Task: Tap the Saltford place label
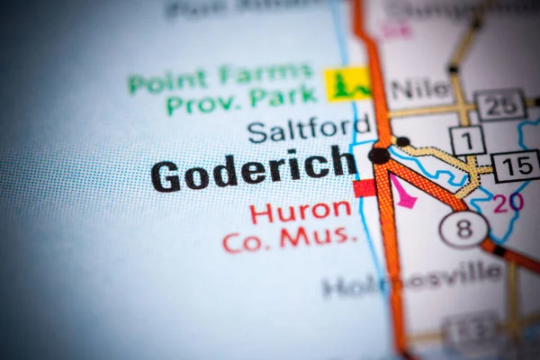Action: (x=297, y=130)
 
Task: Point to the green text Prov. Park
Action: (x=242, y=99)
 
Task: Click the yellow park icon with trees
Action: (x=347, y=84)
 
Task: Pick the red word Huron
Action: (x=301, y=212)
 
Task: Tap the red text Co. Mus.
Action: (x=290, y=238)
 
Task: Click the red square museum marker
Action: (x=364, y=188)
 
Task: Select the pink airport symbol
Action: (x=402, y=192)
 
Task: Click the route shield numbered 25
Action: (x=500, y=105)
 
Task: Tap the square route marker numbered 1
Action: (x=467, y=140)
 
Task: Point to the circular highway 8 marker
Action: (x=463, y=229)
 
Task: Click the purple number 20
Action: (x=508, y=202)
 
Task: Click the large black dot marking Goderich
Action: (x=379, y=155)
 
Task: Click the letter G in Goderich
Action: (x=166, y=175)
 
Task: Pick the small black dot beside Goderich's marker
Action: (x=402, y=141)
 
